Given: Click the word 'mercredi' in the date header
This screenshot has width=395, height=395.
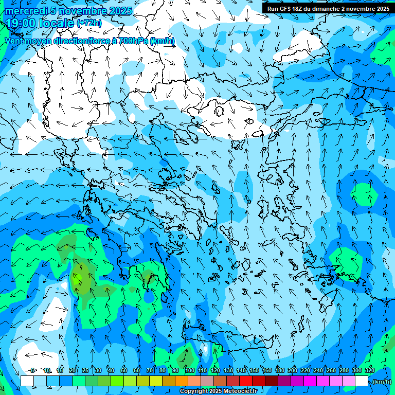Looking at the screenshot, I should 25,11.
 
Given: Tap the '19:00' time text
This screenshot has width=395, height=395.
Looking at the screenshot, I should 20,23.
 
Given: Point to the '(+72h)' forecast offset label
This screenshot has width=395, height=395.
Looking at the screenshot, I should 89,23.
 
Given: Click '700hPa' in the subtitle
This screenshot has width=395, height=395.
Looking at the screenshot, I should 133,41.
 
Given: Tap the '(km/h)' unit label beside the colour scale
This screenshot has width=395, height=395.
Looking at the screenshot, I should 381,381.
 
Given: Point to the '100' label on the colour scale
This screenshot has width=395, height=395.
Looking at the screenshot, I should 189,370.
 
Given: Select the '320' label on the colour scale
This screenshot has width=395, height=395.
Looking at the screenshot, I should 369,370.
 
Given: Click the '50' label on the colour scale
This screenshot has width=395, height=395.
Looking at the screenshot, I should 124,370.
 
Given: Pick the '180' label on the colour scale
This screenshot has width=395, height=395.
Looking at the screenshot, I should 279,370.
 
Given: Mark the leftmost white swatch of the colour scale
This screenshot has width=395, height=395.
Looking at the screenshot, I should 27,381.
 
